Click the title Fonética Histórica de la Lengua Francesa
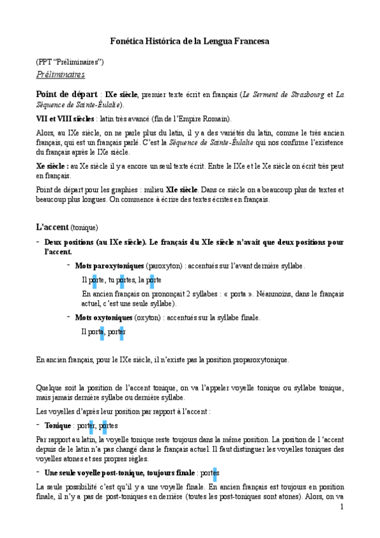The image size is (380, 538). click(x=190, y=41)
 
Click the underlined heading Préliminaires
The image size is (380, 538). click(x=60, y=74)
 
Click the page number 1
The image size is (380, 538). click(x=342, y=506)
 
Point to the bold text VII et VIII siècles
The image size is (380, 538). click(x=65, y=119)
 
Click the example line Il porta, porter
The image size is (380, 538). click(x=103, y=331)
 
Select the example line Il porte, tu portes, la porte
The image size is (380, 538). click(x=121, y=280)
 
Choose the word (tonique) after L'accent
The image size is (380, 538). click(x=84, y=228)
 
